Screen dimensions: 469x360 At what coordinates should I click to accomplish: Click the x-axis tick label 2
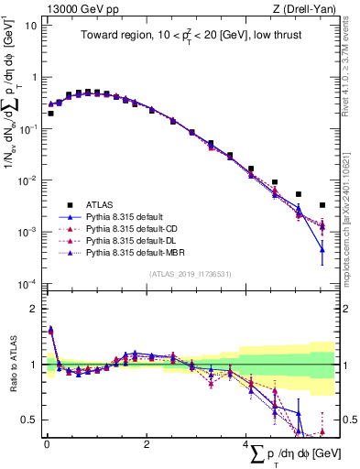pos(147,445)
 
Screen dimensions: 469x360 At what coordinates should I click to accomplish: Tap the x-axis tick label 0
pos(47,445)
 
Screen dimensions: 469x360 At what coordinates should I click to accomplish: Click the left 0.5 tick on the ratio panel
pos(30,420)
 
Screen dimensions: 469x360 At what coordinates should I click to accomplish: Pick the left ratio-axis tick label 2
pos(32,309)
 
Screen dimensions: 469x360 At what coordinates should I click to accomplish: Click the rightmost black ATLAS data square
pos(322,205)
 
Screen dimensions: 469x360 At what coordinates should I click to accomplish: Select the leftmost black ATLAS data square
pos(50,114)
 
